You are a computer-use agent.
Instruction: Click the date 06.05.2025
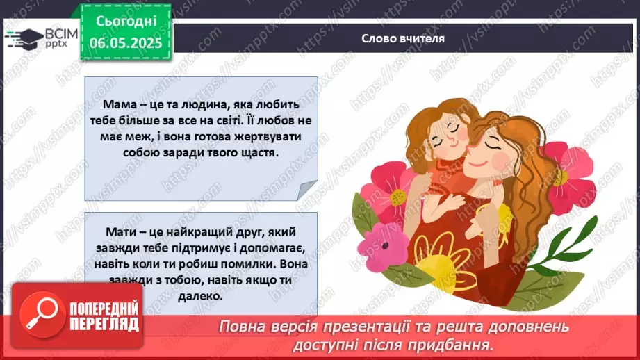126,43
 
